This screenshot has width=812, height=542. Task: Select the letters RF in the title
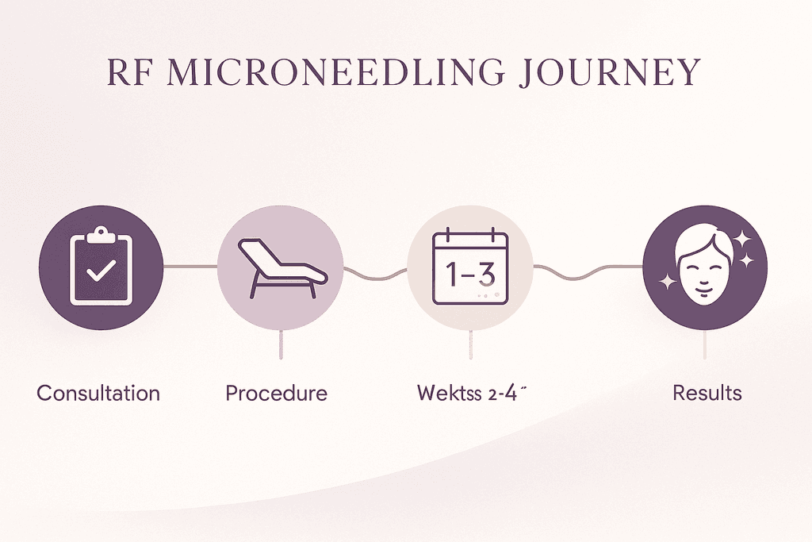(x=130, y=72)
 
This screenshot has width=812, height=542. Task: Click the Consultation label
(x=98, y=393)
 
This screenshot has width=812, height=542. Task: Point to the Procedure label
(x=276, y=393)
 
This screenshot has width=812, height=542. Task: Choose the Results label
(x=707, y=393)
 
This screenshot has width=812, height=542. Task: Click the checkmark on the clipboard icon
(x=100, y=271)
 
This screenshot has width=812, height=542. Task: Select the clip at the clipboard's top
(x=100, y=234)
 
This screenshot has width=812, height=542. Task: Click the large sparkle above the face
(x=743, y=239)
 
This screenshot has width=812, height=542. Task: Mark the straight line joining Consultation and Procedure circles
(x=190, y=267)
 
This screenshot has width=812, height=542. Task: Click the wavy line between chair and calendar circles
(x=375, y=272)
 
